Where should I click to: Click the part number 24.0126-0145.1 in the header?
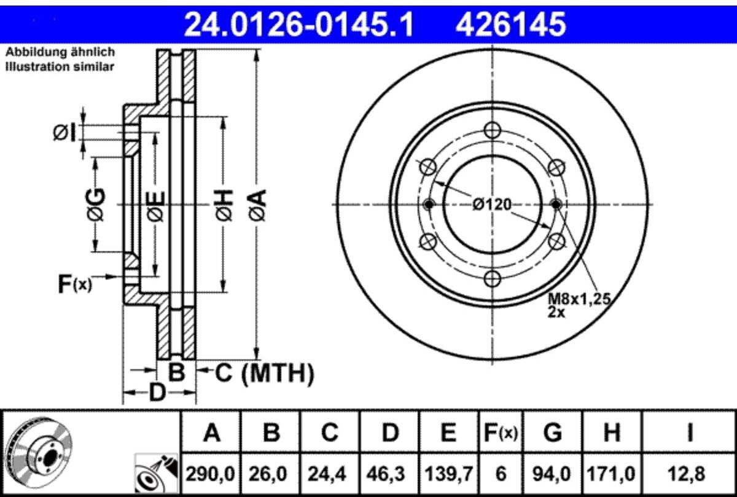(299, 25)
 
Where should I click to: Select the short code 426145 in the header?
(510, 25)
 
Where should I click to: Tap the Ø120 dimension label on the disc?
(492, 205)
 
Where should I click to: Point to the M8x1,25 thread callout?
(579, 299)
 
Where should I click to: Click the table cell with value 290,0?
(211, 474)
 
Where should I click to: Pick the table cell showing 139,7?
(449, 474)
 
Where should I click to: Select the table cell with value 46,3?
(389, 474)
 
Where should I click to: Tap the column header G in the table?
(553, 432)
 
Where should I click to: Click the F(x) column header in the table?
(501, 432)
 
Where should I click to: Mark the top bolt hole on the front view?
(492, 130)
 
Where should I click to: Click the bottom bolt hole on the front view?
(492, 279)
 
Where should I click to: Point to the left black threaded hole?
(429, 205)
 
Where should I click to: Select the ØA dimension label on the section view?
(258, 205)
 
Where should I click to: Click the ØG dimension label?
(96, 205)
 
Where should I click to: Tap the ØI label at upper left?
(64, 132)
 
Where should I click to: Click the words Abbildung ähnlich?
(60, 52)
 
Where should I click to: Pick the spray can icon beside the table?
(156, 473)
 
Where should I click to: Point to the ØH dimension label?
(224, 205)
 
